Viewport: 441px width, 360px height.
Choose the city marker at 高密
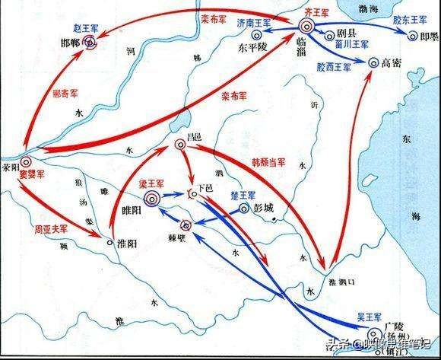(x=372, y=63)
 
